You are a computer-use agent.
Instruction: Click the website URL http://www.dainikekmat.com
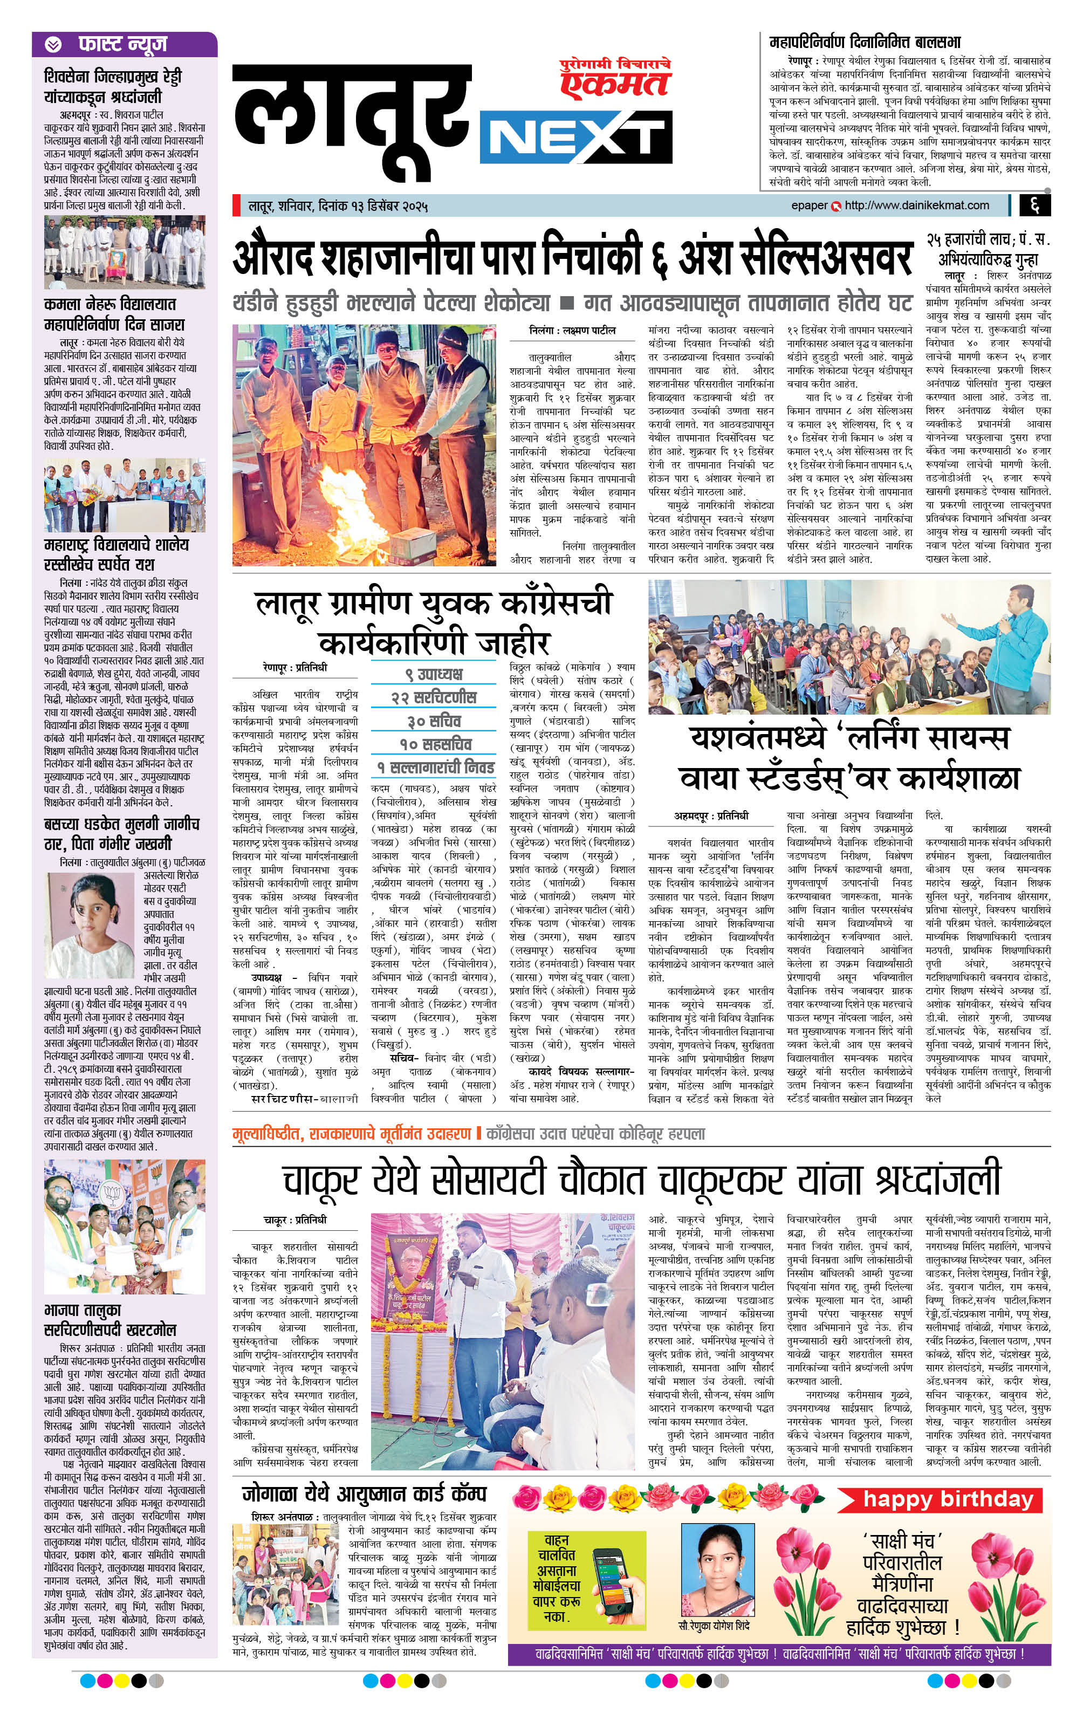coord(916,205)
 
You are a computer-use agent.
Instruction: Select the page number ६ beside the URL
coord(1034,205)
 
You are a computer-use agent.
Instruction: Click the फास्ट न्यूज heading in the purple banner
coord(122,45)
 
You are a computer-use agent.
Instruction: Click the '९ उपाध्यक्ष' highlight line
coord(434,673)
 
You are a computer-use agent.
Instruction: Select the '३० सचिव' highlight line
coord(434,721)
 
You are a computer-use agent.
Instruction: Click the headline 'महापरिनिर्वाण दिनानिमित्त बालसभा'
coord(865,42)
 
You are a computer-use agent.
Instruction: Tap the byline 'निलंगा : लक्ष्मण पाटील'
coord(572,331)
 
